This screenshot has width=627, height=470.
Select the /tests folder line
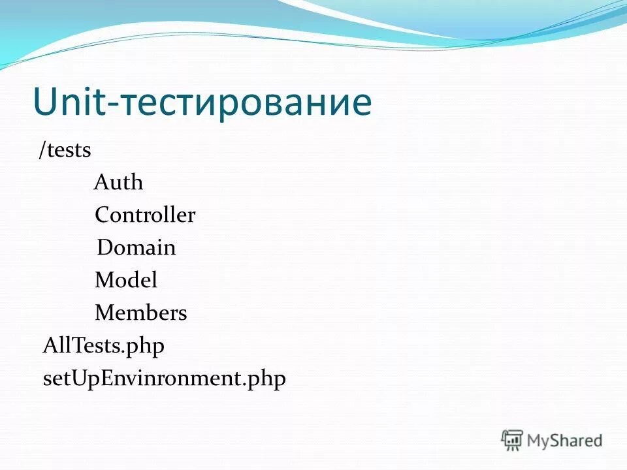pos(65,150)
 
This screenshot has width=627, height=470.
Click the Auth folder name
pos(118,183)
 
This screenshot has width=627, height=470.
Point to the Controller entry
pos(145,215)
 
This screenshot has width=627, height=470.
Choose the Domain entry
pos(137,248)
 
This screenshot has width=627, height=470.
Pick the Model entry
pos(126,281)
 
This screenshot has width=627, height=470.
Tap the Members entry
pos(141,313)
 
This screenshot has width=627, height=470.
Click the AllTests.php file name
pos(103,346)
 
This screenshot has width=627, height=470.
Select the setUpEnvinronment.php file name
pos(164,379)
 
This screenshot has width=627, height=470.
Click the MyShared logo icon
pos(512,440)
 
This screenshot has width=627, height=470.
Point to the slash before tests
pos(41,150)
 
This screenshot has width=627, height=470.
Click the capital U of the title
pos(44,102)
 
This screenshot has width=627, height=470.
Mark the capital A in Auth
pos(101,183)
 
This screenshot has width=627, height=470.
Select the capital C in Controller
pos(102,215)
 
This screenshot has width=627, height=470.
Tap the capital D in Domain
pos(104,248)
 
